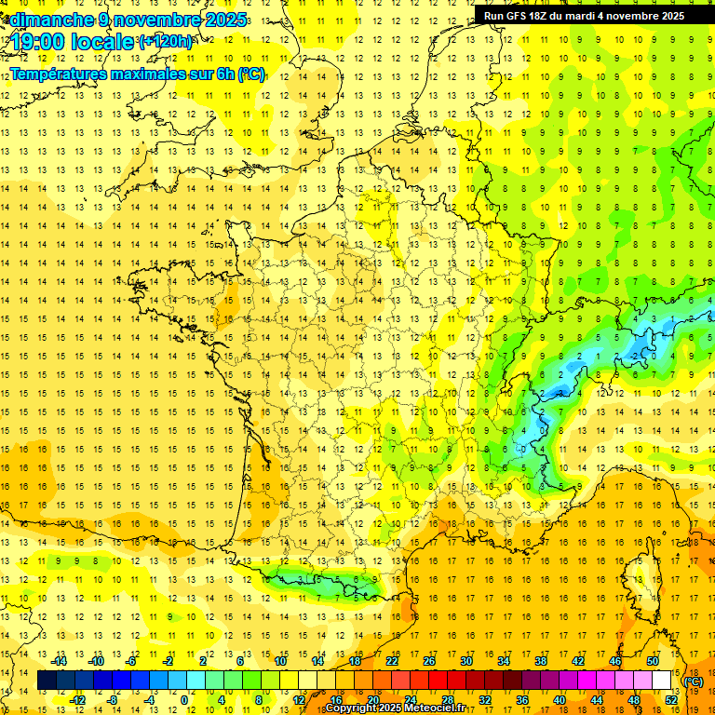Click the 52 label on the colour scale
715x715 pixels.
[671, 700]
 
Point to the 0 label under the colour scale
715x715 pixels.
[184, 700]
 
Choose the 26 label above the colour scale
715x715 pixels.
[429, 661]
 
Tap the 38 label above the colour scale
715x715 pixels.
[540, 661]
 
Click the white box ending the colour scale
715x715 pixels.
[662, 681]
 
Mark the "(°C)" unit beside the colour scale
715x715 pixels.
[694, 681]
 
